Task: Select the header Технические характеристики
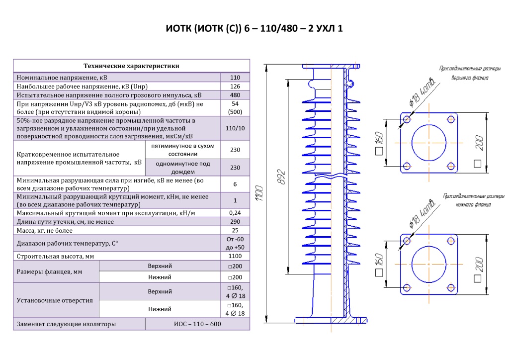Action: click(131, 66)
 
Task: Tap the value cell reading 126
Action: click(235, 87)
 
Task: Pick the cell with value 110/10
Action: click(235, 128)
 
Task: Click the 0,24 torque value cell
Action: click(235, 213)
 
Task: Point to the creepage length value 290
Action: click(235, 222)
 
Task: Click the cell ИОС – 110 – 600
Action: click(197, 324)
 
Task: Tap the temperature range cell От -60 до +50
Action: click(235, 244)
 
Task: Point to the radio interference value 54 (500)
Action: click(235, 108)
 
